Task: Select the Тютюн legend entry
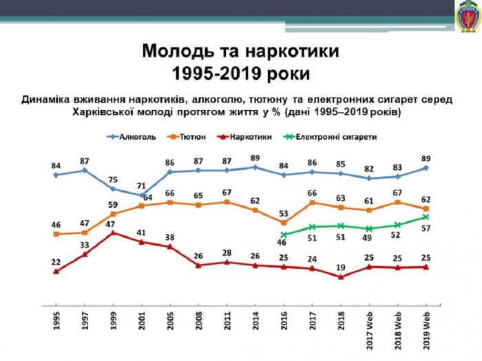coord(195,137)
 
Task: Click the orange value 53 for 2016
coord(284,213)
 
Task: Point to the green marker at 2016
coord(284,234)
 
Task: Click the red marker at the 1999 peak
coord(113,233)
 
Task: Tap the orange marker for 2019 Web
coord(426,208)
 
